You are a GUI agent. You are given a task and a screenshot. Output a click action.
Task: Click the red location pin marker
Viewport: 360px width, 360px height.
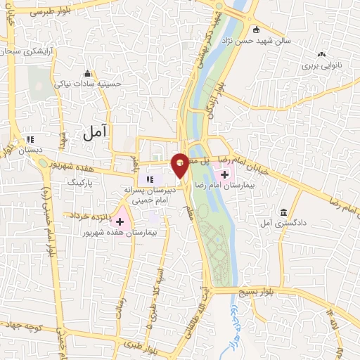click(x=180, y=165)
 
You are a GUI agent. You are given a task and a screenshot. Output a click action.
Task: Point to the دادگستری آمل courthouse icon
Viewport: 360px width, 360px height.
click(x=283, y=212)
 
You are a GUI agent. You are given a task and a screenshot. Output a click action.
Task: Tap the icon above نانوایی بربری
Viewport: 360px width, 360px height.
click(x=322, y=54)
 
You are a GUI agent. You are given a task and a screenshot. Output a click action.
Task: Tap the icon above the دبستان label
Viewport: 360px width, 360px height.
click(x=30, y=139)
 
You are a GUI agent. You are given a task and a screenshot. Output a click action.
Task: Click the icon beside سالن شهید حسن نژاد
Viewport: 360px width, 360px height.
click(x=255, y=30)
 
